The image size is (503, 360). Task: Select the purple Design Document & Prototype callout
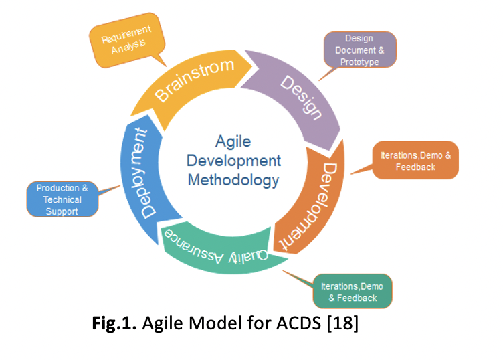tap(359, 50)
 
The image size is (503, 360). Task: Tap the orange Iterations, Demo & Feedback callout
tap(415, 160)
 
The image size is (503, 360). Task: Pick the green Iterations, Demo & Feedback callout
tap(352, 291)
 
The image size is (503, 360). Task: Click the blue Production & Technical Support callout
tap(62, 199)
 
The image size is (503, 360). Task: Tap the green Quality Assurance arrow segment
tap(221, 251)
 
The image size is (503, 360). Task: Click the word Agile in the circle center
tap(233, 141)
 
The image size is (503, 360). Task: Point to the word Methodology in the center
tap(233, 180)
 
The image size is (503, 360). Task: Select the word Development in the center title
tap(233, 161)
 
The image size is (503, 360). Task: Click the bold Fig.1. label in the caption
tap(114, 327)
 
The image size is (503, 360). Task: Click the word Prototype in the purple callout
tap(360, 62)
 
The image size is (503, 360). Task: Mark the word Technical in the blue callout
tap(62, 199)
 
